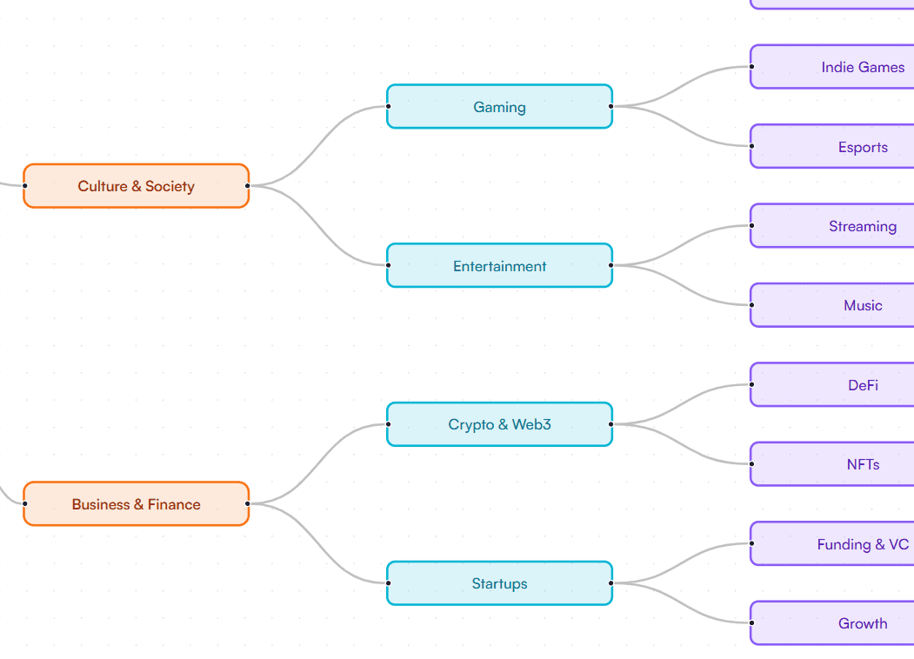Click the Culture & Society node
point(136,186)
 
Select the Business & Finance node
point(136,504)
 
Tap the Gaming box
point(499,107)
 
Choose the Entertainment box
point(499,266)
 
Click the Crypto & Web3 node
point(499,424)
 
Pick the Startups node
point(499,583)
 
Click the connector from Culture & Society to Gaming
point(317,146)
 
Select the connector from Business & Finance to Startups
point(317,544)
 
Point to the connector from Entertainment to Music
point(681,286)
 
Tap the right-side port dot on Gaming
point(611,106)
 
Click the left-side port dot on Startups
point(388,583)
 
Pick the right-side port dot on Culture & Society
point(248,185)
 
